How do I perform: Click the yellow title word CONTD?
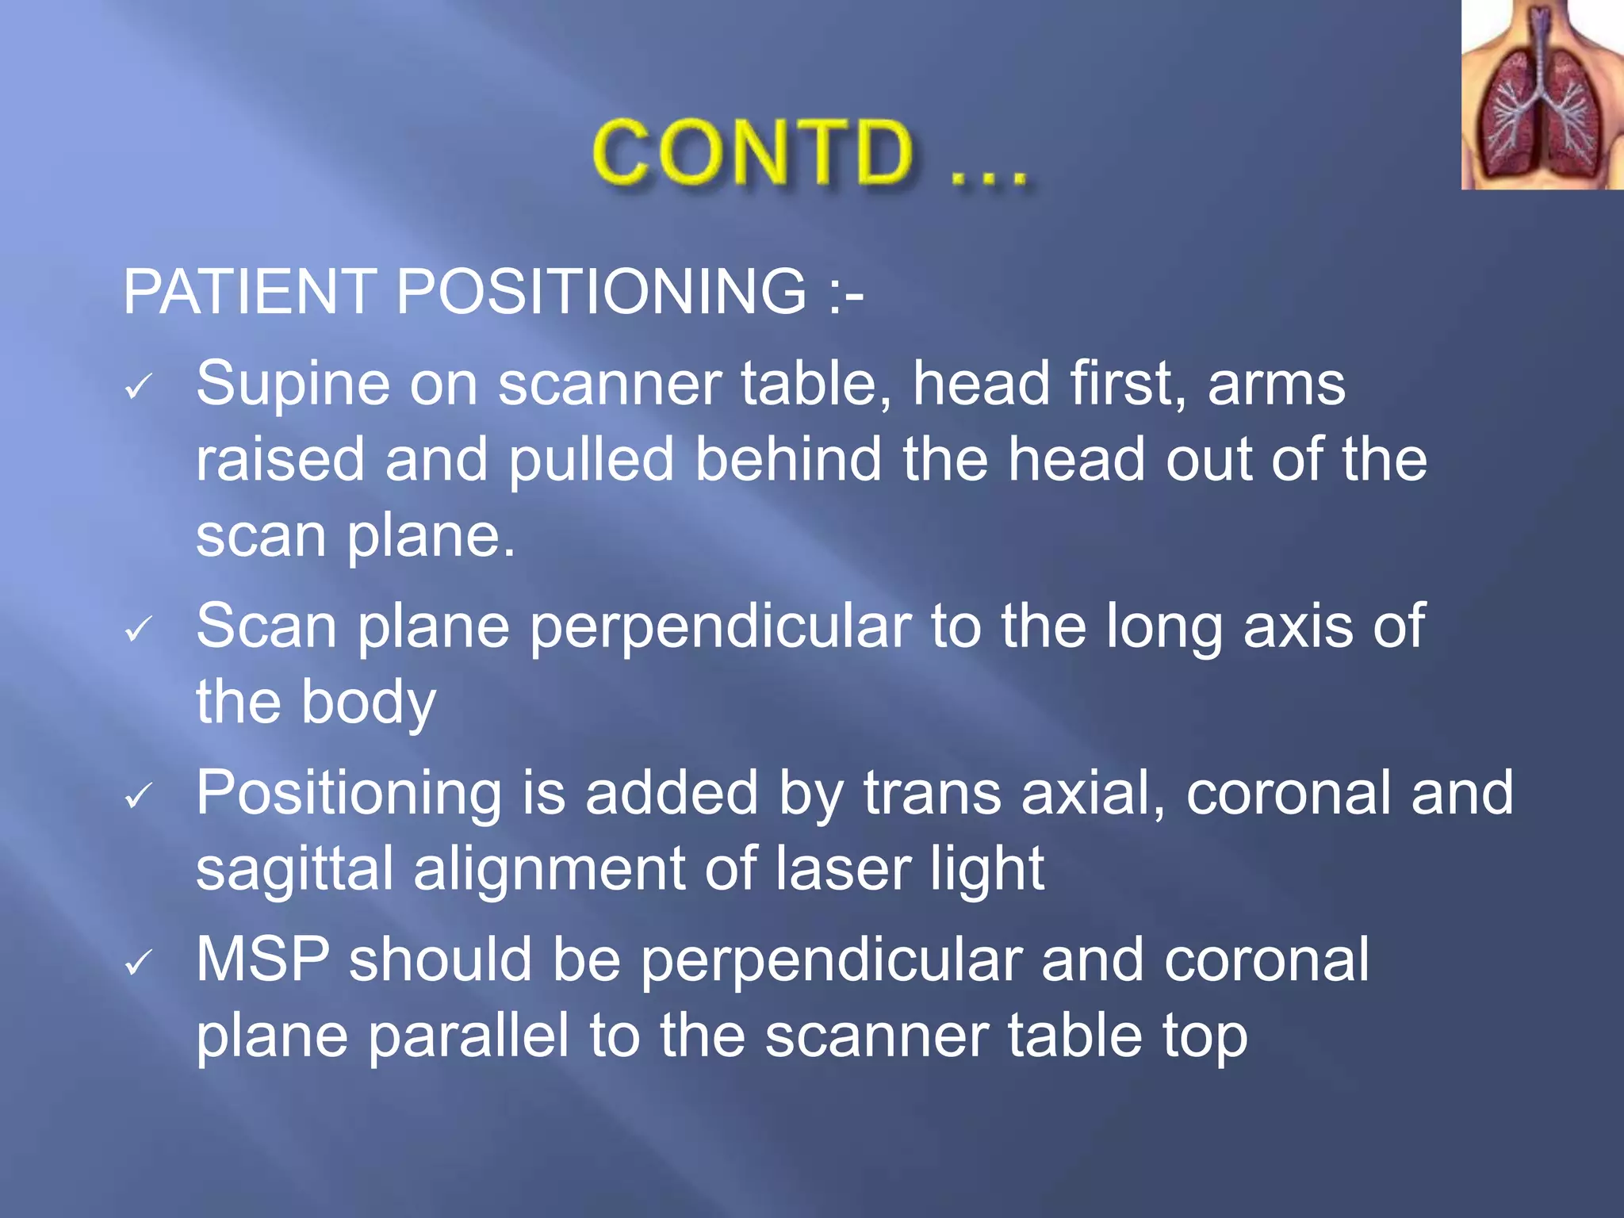click(753, 152)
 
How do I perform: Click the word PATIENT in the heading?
click(250, 291)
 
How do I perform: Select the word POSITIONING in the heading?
click(601, 291)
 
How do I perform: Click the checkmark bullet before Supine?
click(138, 387)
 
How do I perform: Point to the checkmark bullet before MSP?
click(138, 963)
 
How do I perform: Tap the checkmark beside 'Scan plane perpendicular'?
click(138, 630)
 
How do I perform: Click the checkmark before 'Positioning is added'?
click(138, 795)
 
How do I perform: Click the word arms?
click(1276, 385)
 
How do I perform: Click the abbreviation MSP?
click(262, 959)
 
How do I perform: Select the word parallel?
click(469, 1036)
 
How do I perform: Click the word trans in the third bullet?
click(933, 793)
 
